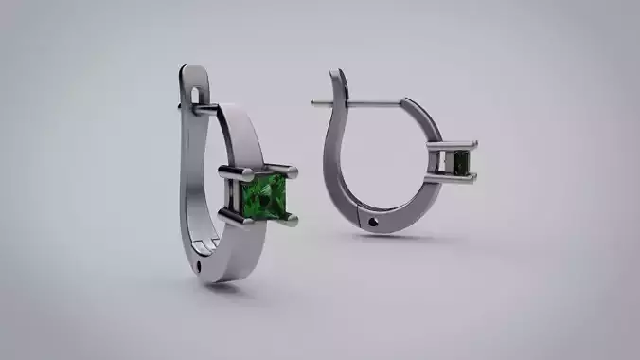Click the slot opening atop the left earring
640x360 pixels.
[x=197, y=95]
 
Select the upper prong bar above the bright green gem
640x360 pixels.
[x=258, y=172]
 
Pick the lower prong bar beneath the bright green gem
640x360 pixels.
[x=259, y=219]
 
